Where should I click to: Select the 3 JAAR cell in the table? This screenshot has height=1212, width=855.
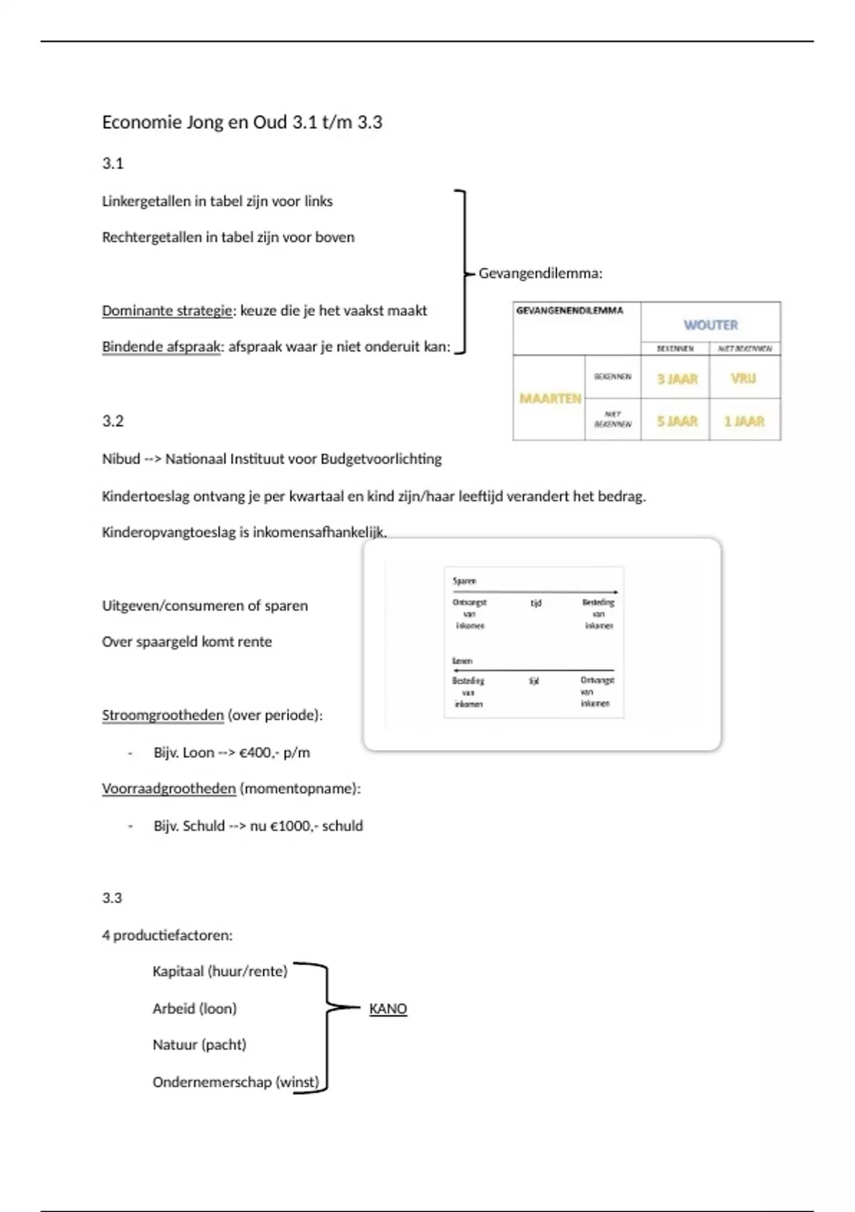[x=677, y=379]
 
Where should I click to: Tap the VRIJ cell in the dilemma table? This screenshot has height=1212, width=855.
[x=743, y=379]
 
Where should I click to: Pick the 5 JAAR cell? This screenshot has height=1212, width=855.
[x=677, y=421]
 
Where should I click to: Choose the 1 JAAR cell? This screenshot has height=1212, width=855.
[x=744, y=421]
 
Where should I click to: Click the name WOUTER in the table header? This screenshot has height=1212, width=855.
[x=710, y=325]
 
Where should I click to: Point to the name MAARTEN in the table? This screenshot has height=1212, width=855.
[x=550, y=399]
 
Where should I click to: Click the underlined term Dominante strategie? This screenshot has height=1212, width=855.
[x=167, y=311]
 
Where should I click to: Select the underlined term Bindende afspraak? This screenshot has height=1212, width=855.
[x=161, y=347]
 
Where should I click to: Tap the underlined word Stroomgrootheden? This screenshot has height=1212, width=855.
[x=162, y=715]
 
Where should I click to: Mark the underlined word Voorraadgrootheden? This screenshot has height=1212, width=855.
[x=168, y=789]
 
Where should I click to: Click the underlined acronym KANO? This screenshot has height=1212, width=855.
[x=388, y=1009]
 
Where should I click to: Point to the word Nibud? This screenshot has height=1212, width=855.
[x=120, y=459]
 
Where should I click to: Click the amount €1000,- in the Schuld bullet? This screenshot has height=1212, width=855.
[x=293, y=826]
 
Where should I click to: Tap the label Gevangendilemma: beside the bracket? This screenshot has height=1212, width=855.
[x=540, y=274]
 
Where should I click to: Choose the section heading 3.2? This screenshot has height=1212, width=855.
[x=113, y=421]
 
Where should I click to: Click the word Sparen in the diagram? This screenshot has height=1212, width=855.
[x=464, y=581]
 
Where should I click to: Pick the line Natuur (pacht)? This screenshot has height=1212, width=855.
[x=199, y=1045]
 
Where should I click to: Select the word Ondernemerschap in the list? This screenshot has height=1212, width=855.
[x=212, y=1082]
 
